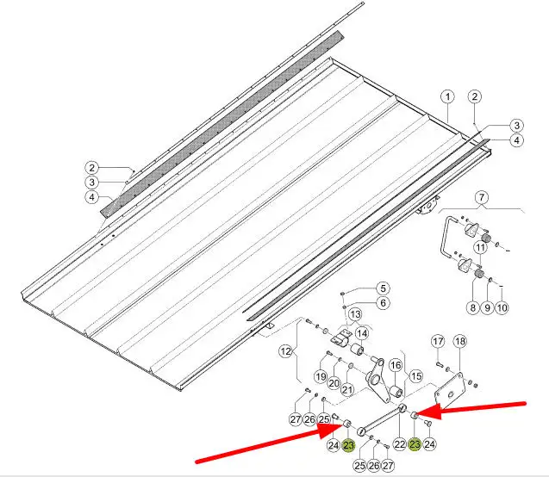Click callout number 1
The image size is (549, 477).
[447, 97]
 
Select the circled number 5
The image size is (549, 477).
[383, 288]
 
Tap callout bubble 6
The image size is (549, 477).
[383, 303]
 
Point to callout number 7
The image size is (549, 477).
[482, 197]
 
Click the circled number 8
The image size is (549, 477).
[472, 307]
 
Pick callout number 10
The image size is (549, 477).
[502, 307]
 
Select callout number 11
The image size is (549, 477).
[481, 248]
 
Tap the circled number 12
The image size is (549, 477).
[286, 350]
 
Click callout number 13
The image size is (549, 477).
[355, 314]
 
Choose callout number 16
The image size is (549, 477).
[396, 365]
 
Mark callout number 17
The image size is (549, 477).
[438, 341]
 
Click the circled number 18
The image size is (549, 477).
[459, 341]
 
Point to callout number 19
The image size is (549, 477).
[321, 376]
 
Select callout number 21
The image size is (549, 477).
[347, 389]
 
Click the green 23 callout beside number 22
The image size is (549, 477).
[415, 444]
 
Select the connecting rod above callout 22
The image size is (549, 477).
[381, 418]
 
